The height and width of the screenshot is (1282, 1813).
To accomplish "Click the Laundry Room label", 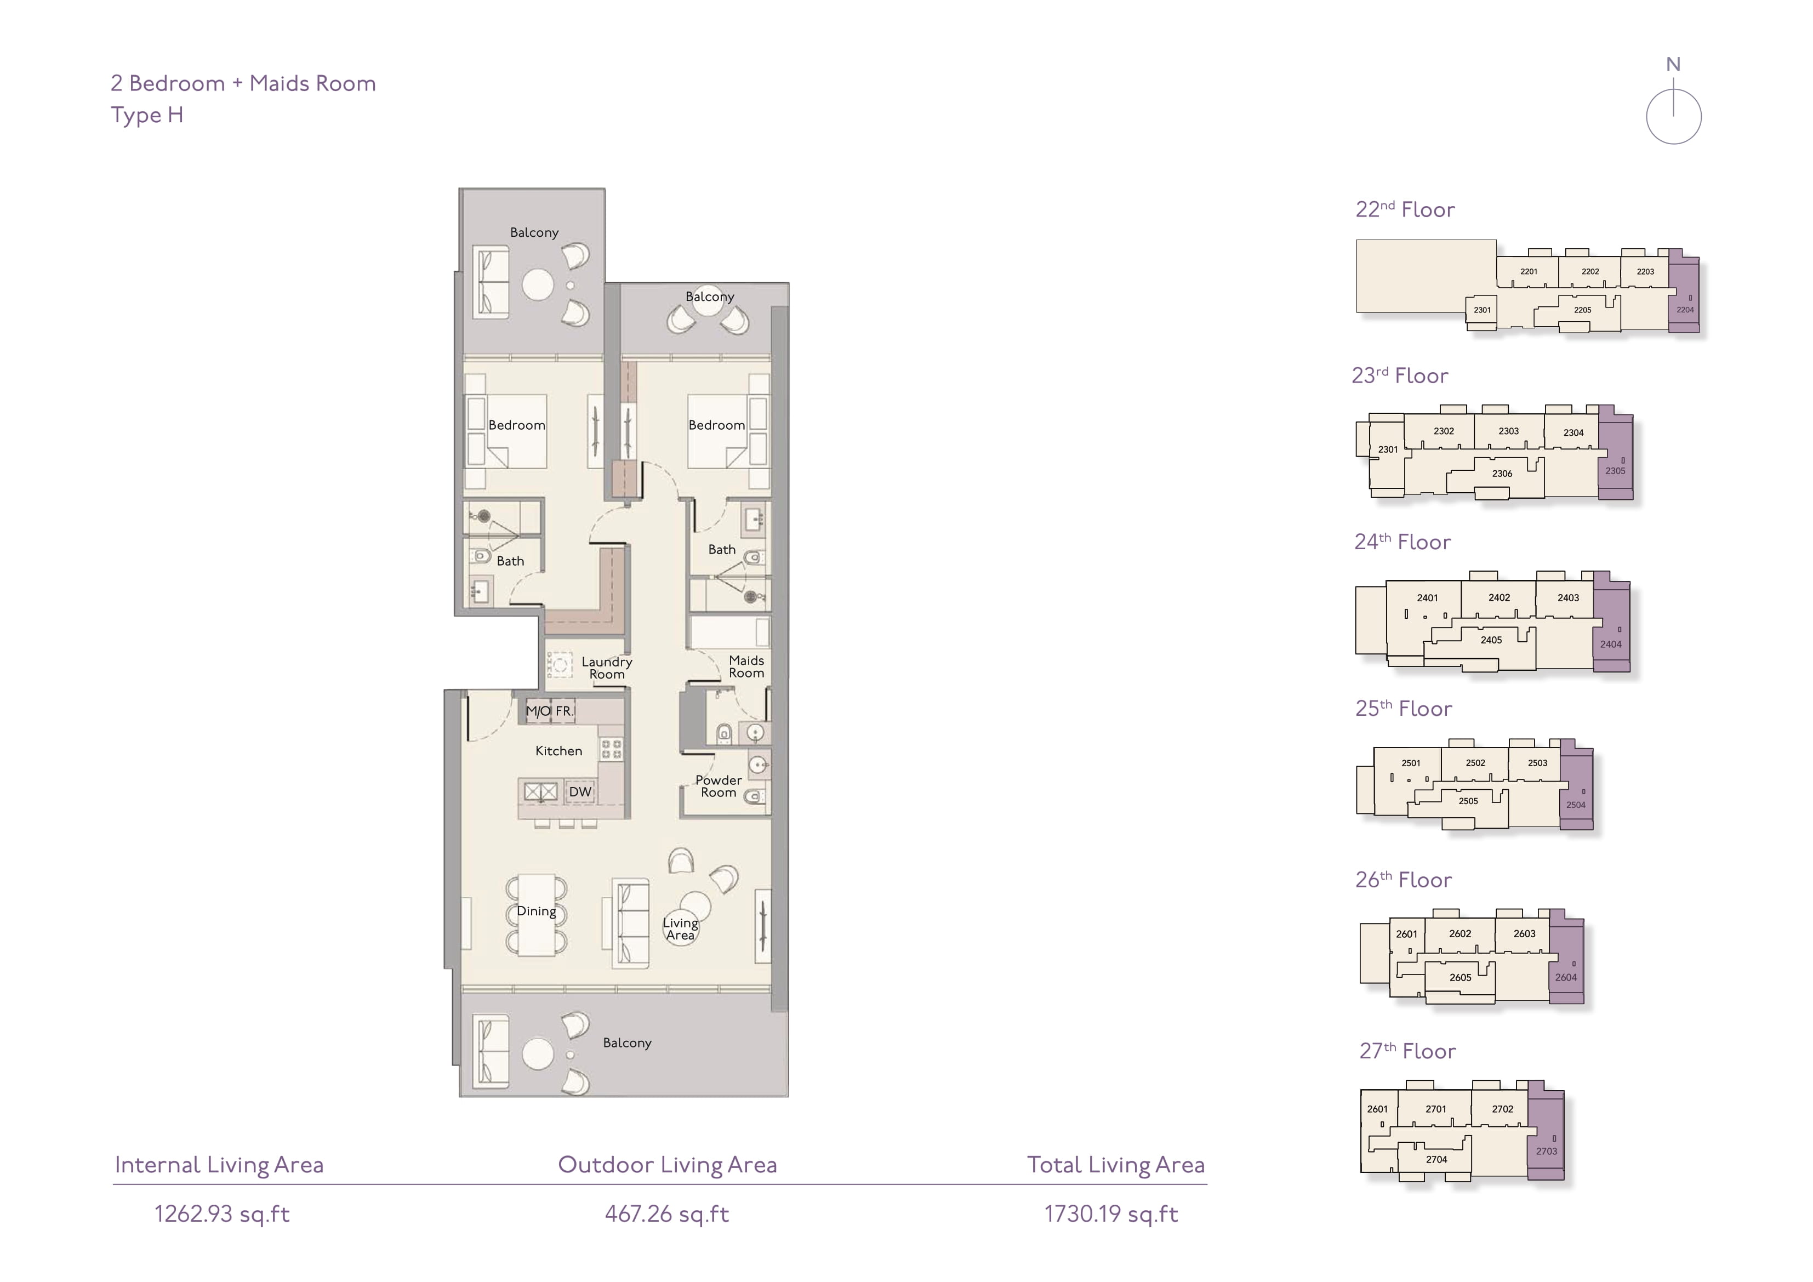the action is [607, 668].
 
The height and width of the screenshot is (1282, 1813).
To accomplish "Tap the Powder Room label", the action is [719, 786].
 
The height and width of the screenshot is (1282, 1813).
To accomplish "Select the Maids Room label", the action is [746, 666].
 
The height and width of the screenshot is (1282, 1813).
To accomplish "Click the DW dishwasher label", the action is [580, 791].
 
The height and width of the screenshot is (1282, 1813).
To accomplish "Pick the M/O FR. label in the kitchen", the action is [550, 711].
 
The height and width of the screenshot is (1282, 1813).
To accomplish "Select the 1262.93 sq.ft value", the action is [222, 1214].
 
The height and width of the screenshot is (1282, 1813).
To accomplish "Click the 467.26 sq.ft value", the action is [667, 1214].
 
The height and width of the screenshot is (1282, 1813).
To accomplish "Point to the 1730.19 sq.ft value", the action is [1111, 1214].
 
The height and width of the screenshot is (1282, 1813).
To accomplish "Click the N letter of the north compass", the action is [1673, 65].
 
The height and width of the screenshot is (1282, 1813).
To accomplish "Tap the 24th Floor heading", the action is [1402, 542].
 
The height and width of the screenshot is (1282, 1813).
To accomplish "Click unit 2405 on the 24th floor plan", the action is [1491, 640].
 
